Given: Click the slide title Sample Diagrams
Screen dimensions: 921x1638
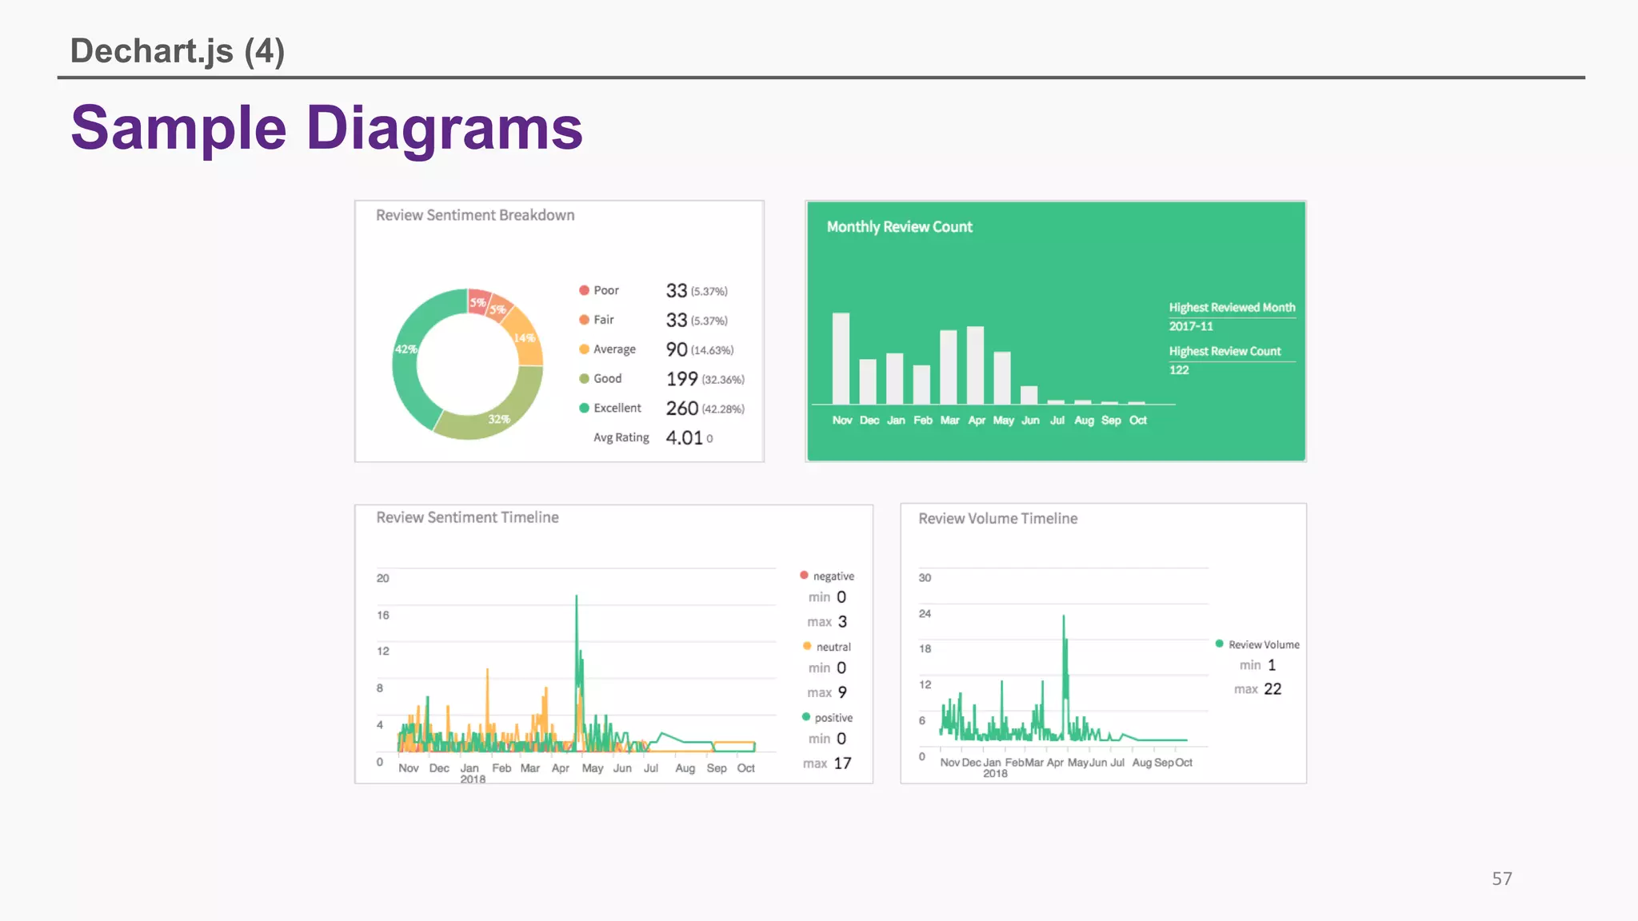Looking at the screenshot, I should tap(326, 128).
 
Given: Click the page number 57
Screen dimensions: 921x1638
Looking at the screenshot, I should tap(1501, 879).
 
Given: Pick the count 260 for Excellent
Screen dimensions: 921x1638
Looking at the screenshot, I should tap(681, 409).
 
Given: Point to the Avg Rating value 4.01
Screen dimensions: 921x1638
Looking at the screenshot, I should tap(684, 438).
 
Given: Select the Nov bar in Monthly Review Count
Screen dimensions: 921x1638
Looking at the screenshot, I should tap(841, 358).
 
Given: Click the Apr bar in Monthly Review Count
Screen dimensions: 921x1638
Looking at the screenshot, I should tap(975, 365).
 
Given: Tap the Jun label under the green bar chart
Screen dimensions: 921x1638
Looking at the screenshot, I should tap(1030, 421).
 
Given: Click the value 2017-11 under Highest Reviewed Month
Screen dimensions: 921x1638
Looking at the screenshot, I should tap(1191, 326).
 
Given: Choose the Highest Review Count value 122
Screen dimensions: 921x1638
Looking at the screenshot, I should tap(1179, 370).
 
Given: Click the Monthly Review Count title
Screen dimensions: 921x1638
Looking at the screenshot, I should tap(899, 227).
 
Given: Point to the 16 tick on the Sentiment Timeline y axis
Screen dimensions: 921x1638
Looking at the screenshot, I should tap(383, 615).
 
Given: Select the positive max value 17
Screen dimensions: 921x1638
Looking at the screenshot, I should tap(842, 764).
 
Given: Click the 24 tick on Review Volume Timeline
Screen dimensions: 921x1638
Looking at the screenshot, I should tap(925, 613).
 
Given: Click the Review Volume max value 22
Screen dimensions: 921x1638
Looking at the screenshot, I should tap(1272, 689).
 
